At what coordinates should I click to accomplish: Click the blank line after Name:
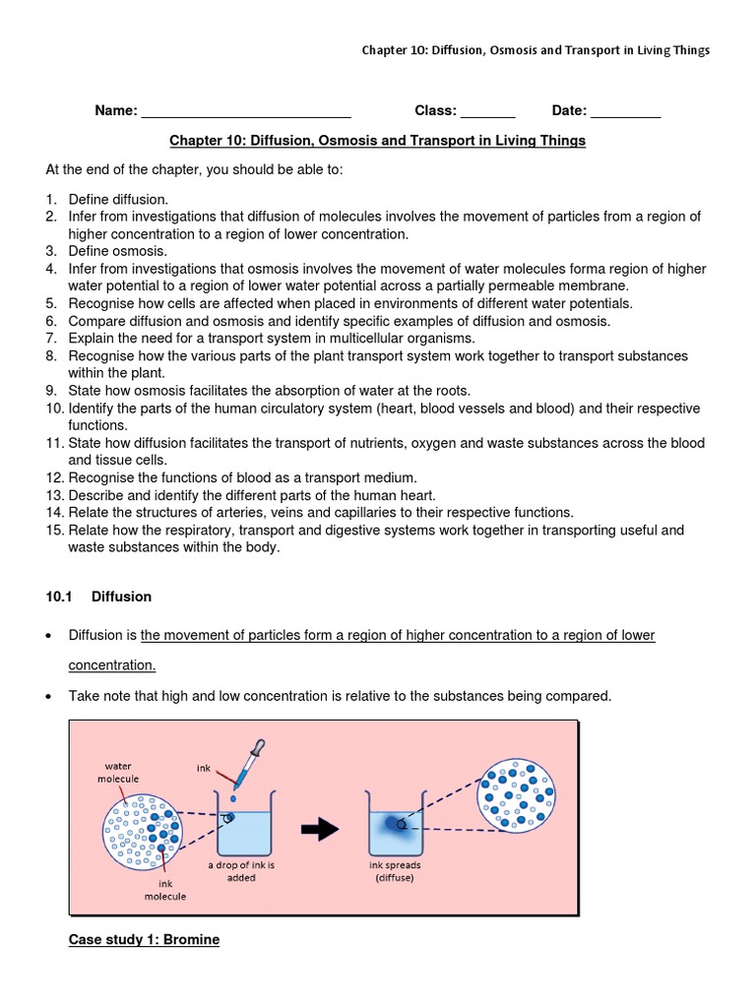coord(246,111)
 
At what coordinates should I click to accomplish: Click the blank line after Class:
coord(487,111)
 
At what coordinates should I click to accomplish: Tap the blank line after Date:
coord(625,111)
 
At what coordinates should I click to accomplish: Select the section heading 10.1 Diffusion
coord(98,597)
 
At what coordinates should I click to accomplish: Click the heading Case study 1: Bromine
coord(144,940)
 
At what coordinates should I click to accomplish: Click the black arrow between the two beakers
coord(320,831)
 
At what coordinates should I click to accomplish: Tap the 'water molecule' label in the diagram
coord(118,772)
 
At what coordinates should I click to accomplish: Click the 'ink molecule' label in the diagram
coord(164,890)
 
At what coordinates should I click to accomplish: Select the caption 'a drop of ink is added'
coord(241,871)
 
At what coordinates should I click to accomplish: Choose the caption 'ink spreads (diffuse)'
coord(395,871)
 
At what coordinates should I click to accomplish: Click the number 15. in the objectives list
coord(55,531)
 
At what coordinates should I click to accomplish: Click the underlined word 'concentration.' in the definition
coord(112,665)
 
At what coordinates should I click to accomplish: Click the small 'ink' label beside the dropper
coord(203,768)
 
